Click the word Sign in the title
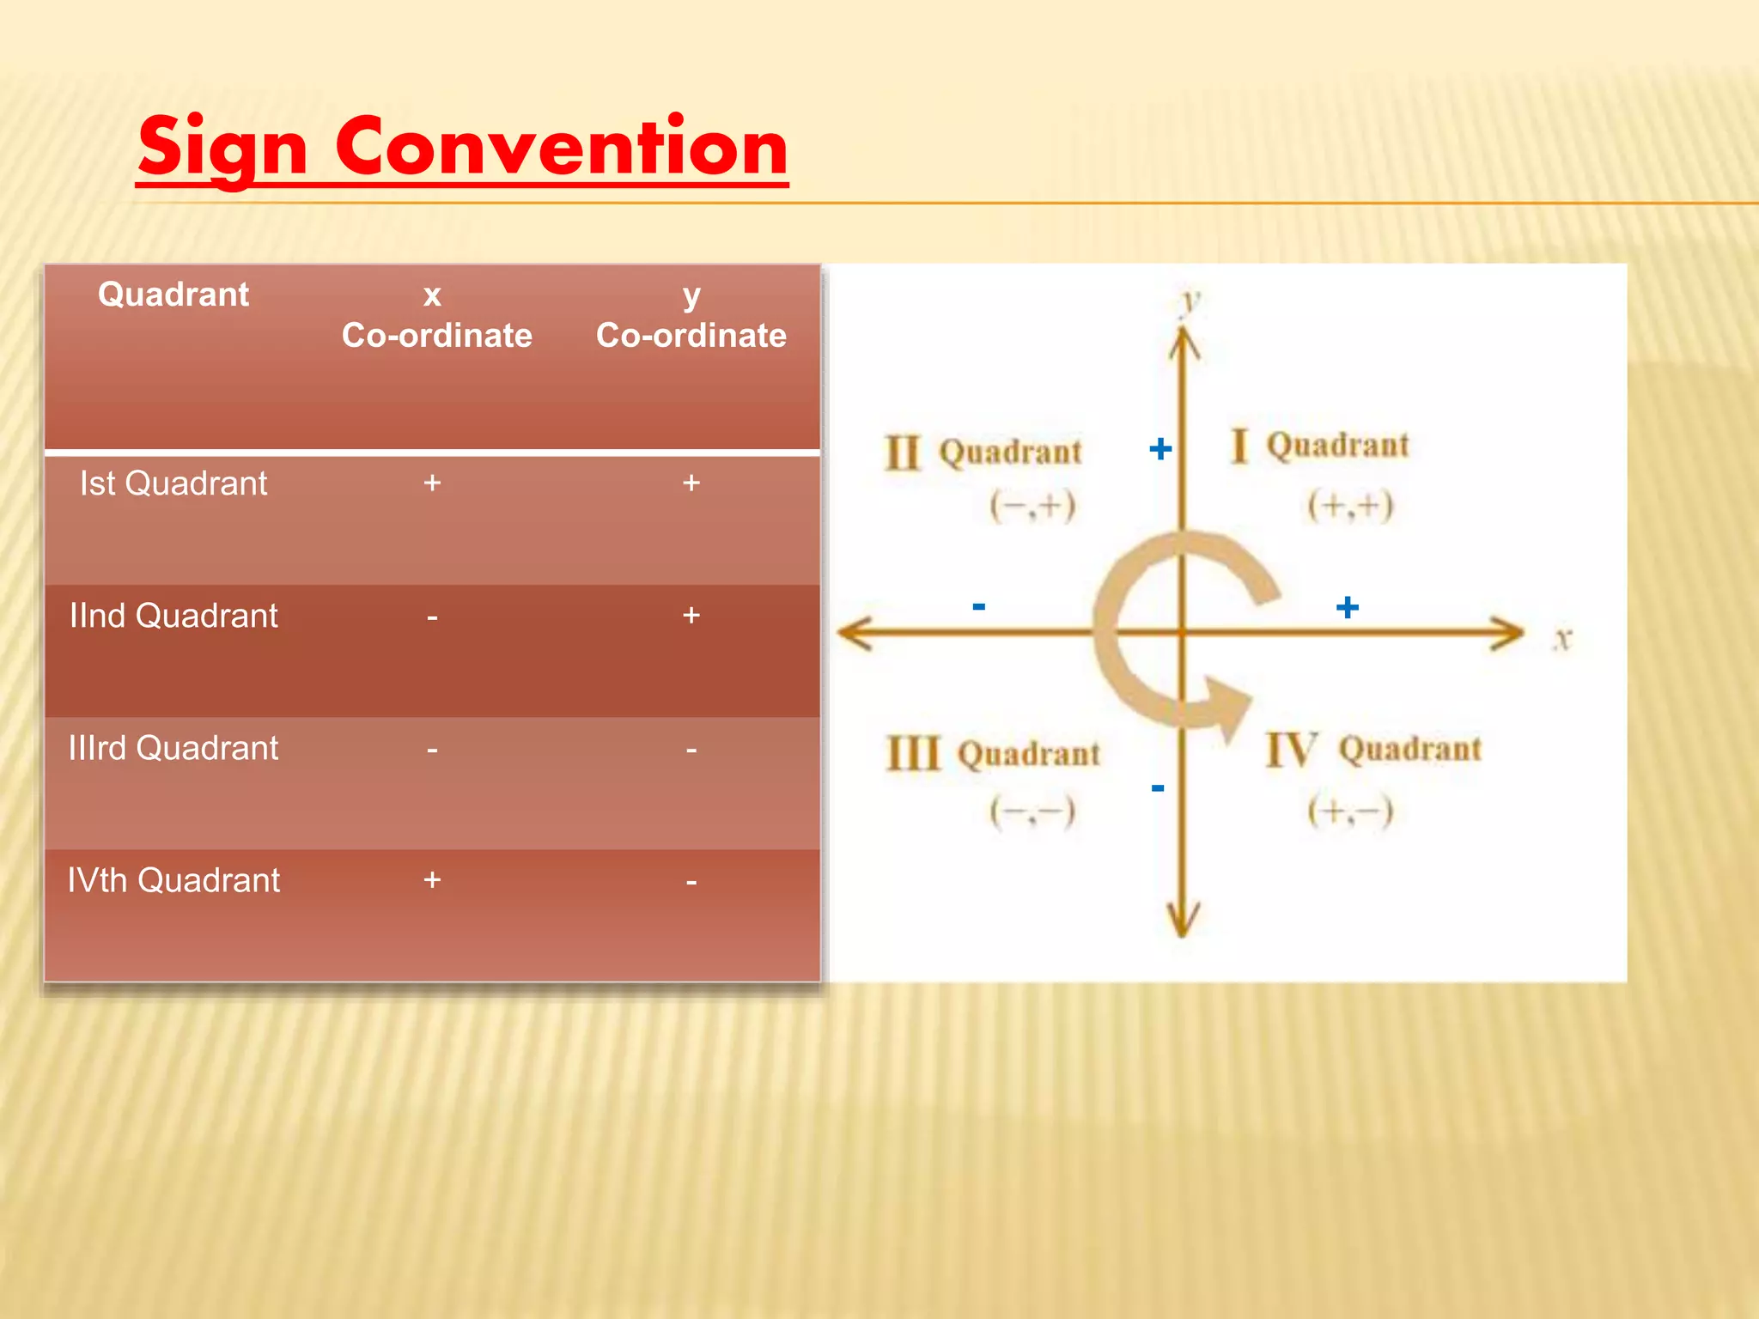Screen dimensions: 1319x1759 (x=222, y=148)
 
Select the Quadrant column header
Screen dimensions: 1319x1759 (x=173, y=295)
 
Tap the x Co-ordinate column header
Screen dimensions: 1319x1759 (x=435, y=315)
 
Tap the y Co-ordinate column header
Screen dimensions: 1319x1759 (x=691, y=315)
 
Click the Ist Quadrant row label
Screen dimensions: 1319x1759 (x=173, y=483)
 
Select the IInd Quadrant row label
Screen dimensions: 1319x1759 (x=173, y=616)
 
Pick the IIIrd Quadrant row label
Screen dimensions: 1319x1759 (x=173, y=748)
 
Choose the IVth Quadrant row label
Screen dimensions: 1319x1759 (x=173, y=880)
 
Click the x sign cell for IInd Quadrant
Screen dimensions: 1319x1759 (x=432, y=617)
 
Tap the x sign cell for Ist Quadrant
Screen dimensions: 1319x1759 (x=432, y=483)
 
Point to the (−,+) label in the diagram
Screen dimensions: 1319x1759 (x=1032, y=506)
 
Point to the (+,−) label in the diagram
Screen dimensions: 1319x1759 (x=1349, y=811)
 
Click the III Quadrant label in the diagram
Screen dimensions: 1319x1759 (x=993, y=754)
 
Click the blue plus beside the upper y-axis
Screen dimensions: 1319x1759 (x=1159, y=448)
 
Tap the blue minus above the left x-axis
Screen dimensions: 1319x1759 (x=978, y=606)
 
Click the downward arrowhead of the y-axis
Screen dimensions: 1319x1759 (x=1183, y=921)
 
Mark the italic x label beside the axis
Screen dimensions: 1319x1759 (x=1562, y=639)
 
